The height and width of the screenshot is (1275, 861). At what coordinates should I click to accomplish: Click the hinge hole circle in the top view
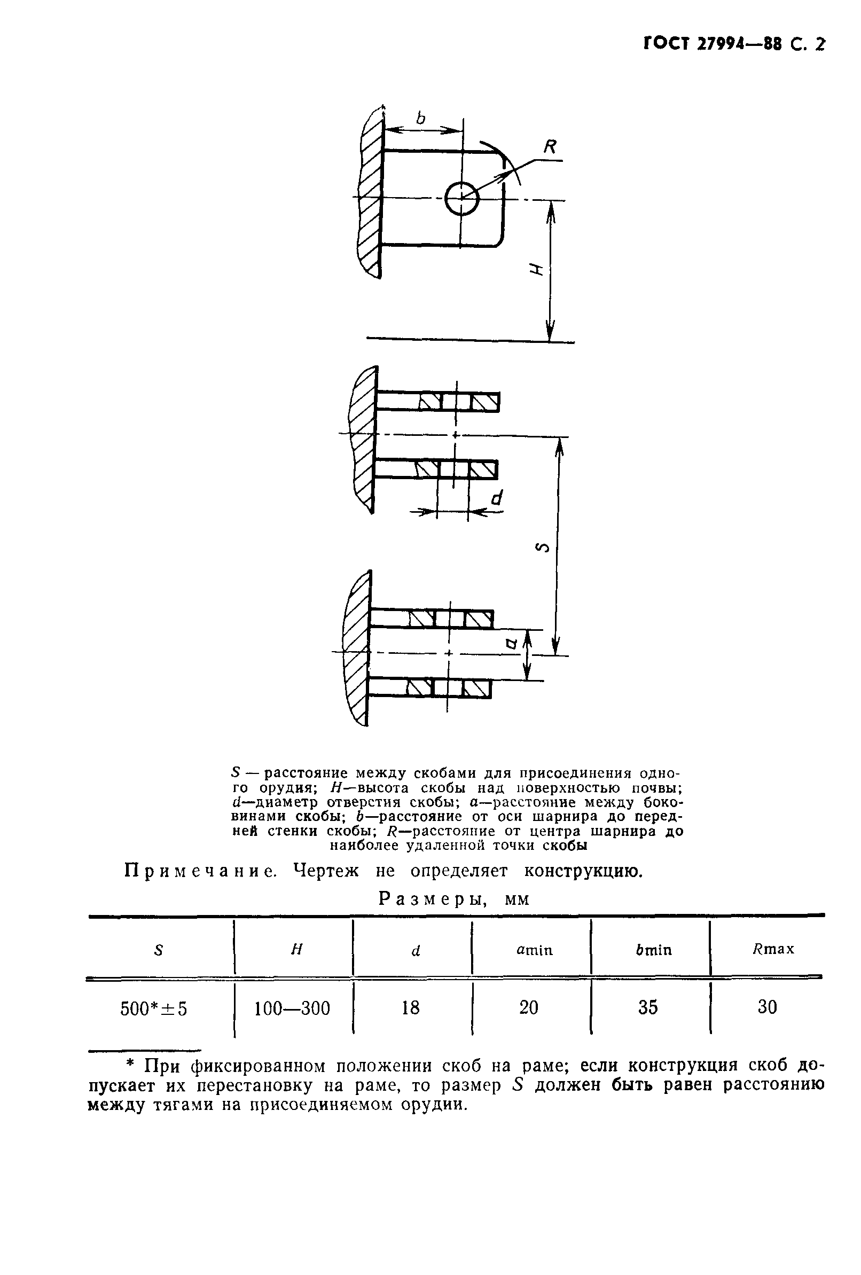[x=462, y=198]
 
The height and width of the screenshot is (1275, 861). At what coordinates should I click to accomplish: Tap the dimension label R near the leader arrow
[x=549, y=147]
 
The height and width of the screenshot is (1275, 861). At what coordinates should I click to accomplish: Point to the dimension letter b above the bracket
[x=420, y=118]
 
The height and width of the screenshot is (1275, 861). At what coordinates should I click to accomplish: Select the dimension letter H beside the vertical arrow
[x=535, y=269]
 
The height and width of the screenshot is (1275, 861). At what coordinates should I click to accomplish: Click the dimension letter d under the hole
[x=496, y=498]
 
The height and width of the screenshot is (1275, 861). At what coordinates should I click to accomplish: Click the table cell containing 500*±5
[x=154, y=1008]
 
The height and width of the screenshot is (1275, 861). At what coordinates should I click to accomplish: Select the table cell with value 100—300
[x=293, y=1008]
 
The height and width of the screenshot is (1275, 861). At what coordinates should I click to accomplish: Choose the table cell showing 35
[x=648, y=1008]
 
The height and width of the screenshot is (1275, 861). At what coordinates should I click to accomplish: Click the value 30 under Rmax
[x=767, y=1007]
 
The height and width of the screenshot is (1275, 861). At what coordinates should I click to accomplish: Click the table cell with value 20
[x=529, y=1008]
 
